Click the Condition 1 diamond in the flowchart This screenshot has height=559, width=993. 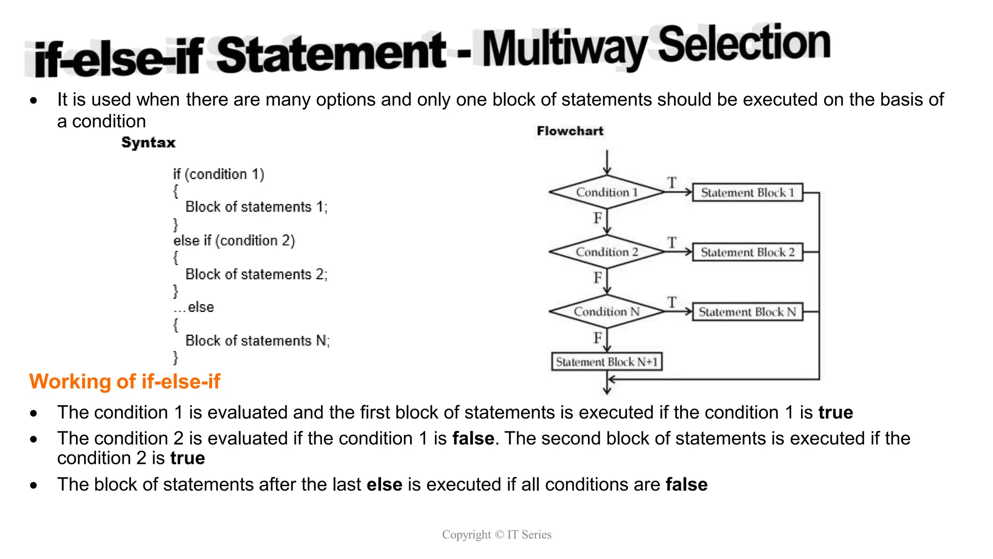coord(607,192)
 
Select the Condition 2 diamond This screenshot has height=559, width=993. coord(607,252)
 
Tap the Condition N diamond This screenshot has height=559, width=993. coord(607,312)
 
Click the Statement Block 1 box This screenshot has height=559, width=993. coord(747,193)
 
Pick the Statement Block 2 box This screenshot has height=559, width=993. coord(747,252)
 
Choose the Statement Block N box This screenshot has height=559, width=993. coord(747,312)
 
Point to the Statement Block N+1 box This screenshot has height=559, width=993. coord(607,362)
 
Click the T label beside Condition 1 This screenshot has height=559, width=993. coord(672,182)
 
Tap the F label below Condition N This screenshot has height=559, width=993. coord(598,337)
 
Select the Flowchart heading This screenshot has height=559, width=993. coord(570,131)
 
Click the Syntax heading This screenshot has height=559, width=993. coord(148,143)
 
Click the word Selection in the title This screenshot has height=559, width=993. coord(744,44)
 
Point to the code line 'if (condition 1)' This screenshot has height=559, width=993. coord(219,174)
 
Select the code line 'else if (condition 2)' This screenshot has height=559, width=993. coord(234,241)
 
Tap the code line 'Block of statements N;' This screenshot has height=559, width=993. coord(257,341)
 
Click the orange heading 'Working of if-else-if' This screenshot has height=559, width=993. coord(125,381)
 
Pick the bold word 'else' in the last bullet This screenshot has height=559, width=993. coord(384,484)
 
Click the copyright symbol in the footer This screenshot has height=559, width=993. coord(499,535)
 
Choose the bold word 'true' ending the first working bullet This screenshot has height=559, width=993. coord(835,412)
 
